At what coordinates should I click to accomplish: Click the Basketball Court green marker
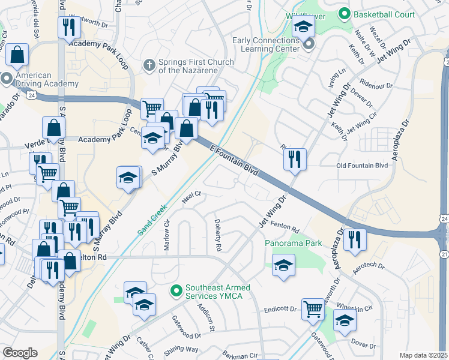click(x=345, y=13)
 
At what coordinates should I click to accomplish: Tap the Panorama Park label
click(x=294, y=244)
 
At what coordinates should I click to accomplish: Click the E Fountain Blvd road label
click(x=234, y=160)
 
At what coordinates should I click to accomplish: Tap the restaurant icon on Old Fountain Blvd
click(x=295, y=160)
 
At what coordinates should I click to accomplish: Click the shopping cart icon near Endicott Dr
click(x=313, y=310)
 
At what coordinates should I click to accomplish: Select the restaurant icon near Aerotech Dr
click(x=355, y=240)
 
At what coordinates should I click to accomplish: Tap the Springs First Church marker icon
click(x=150, y=64)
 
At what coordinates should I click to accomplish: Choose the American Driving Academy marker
click(x=7, y=79)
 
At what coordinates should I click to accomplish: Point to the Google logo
click(x=20, y=353)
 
